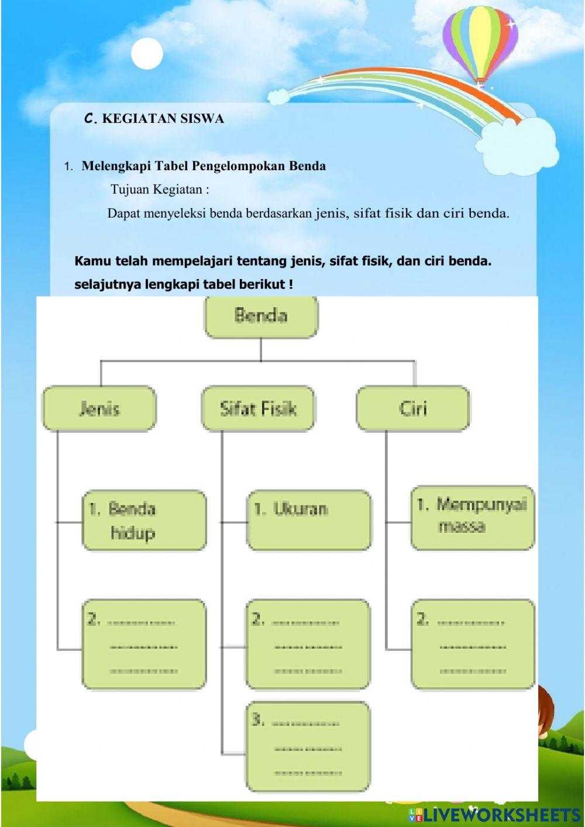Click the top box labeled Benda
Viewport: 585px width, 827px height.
[x=261, y=316]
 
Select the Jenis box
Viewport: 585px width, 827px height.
[x=99, y=408]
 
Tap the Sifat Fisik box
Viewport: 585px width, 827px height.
[x=258, y=408]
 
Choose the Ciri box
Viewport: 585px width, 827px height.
[x=413, y=408]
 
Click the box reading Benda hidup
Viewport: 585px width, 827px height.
[x=144, y=521]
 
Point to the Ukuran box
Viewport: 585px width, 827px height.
[x=309, y=520]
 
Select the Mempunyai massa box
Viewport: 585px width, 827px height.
[x=473, y=518]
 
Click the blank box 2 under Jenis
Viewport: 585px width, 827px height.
[x=144, y=644]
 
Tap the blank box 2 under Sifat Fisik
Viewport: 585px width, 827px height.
[x=308, y=644]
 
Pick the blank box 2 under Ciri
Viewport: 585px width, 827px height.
[x=473, y=644]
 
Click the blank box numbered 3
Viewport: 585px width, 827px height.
[x=308, y=747]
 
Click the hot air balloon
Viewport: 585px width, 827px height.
[x=480, y=44]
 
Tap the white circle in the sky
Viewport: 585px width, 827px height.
[x=147, y=54]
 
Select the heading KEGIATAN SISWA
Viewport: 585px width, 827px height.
[x=163, y=119]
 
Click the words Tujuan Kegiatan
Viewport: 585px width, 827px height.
[x=160, y=189]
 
